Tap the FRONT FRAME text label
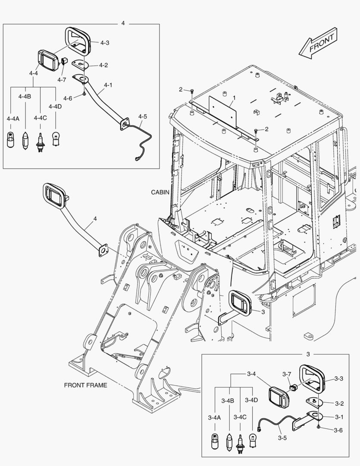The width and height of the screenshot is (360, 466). (x=85, y=385)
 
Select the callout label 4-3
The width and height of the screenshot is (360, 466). (x=105, y=43)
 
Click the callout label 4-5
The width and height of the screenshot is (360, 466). (x=143, y=116)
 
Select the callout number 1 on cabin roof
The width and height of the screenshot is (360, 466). (x=233, y=98)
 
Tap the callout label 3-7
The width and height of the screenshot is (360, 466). (x=287, y=374)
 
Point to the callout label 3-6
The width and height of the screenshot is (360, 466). (x=338, y=430)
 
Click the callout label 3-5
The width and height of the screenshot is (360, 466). (x=282, y=438)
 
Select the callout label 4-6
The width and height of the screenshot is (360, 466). (x=67, y=98)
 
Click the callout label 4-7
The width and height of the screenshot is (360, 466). (x=62, y=79)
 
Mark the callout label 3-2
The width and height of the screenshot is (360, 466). (x=339, y=404)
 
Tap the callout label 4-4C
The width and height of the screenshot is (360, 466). (x=40, y=117)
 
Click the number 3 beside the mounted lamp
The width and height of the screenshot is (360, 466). (x=263, y=312)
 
